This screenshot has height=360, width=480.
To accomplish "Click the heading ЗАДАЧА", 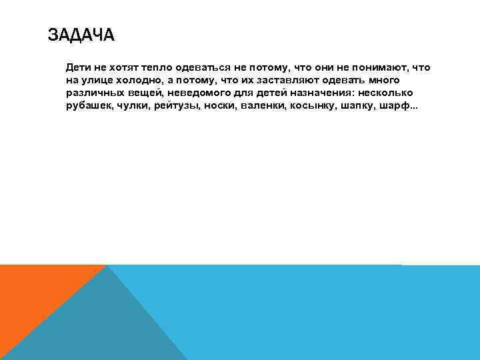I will click(x=81, y=35).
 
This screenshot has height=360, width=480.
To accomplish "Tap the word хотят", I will click(x=127, y=68).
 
